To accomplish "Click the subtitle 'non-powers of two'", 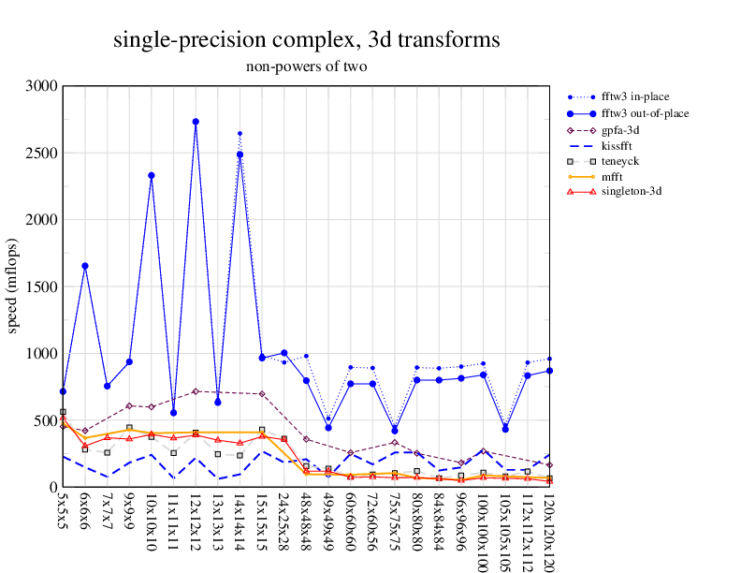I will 306,66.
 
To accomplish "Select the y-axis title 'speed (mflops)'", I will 13,286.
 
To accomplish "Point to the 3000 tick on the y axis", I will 43,86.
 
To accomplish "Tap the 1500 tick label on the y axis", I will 43,286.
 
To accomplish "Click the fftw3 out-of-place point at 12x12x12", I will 196,122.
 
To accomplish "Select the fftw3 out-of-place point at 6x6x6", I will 85,266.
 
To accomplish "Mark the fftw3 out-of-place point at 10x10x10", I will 152,175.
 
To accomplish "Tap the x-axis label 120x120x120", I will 549,530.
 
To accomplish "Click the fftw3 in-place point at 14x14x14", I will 240,133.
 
